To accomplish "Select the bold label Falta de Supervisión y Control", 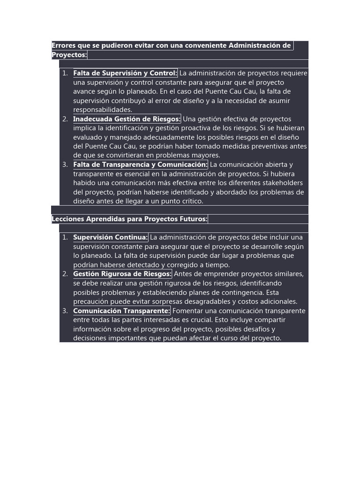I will click(125, 73).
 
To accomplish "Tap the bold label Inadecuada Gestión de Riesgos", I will click(127, 119).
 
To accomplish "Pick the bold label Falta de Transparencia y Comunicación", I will click(140, 165).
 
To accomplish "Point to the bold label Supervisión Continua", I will click(110, 237).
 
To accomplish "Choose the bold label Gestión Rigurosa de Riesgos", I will click(122, 274).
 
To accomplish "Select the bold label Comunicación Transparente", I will click(121, 311).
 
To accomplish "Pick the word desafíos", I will click(259, 329).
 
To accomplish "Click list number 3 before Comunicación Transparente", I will click(65, 311).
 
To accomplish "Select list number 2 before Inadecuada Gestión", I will click(65, 119).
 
